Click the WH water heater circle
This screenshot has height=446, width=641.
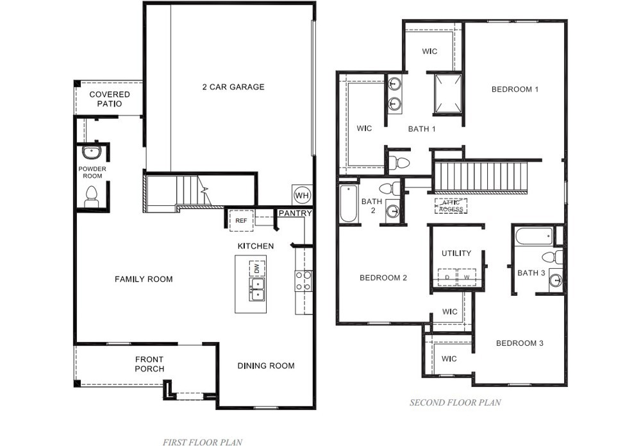click(302, 195)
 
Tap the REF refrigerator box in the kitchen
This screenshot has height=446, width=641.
click(241, 221)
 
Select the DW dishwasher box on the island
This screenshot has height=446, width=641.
click(257, 269)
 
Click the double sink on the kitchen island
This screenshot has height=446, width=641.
click(257, 289)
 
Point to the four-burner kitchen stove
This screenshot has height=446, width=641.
click(304, 281)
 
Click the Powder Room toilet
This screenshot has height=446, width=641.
click(91, 197)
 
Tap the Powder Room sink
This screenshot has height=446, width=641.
click(91, 152)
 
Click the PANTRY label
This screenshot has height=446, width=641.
click(295, 213)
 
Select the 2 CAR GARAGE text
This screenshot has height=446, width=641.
click(233, 87)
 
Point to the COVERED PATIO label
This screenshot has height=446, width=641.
click(110, 99)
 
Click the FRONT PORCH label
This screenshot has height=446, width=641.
click(149, 364)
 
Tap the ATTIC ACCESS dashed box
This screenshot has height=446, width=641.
click(451, 206)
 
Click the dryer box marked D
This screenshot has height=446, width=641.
click(447, 277)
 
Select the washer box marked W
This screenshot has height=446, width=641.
click(467, 277)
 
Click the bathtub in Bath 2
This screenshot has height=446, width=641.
click(348, 203)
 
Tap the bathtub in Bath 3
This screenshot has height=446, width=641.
click(535, 236)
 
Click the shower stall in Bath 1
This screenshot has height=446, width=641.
click(447, 94)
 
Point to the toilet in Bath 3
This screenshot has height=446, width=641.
click(553, 257)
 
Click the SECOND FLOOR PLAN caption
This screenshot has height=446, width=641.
click(455, 402)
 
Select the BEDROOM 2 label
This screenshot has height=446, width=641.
click(383, 278)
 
